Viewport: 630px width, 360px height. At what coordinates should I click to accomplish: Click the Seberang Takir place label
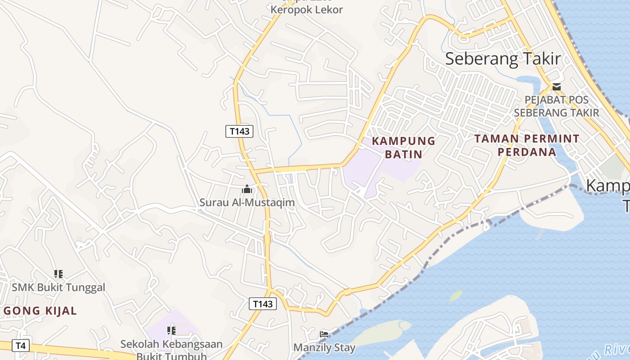coord(503,59)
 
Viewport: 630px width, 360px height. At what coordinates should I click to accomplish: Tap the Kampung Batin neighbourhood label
coord(404,148)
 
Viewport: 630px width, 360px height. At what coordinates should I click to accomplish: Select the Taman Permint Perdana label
coord(527,145)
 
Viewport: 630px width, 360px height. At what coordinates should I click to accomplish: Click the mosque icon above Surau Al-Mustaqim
coord(247,189)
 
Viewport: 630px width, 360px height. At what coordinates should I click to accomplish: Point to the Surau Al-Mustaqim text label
coord(247,202)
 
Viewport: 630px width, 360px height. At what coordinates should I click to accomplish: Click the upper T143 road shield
coord(239,131)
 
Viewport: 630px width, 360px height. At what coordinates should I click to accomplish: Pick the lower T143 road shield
coord(263,304)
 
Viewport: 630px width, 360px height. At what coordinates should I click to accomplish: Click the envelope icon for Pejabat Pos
coord(557,87)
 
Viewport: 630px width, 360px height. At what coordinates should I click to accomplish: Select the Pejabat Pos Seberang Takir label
coord(557,106)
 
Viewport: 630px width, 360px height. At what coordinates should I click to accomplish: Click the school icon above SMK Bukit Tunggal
coord(58,274)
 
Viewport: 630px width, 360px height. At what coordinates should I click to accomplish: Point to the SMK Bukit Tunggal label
coord(58,288)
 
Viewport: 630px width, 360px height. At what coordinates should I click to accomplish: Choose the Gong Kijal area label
coord(40,310)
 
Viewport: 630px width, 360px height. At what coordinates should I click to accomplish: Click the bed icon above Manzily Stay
coord(324,334)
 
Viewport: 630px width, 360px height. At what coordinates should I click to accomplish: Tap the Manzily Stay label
coord(324,348)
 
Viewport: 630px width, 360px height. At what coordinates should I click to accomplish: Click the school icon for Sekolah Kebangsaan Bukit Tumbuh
coord(171,331)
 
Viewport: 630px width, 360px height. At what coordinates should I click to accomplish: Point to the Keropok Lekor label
coord(307,9)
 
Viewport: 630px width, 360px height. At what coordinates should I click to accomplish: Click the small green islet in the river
coord(456,296)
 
